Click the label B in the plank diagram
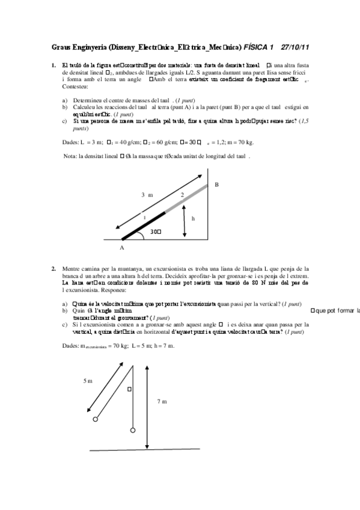tap(217, 185)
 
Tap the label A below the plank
tap(121, 247)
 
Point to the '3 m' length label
tap(147, 195)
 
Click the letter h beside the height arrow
tap(193, 219)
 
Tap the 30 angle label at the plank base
tap(156, 231)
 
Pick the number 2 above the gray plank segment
tap(182, 195)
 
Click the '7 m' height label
tap(162, 401)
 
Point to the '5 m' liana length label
tap(88, 381)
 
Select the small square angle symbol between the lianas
tap(128, 389)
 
